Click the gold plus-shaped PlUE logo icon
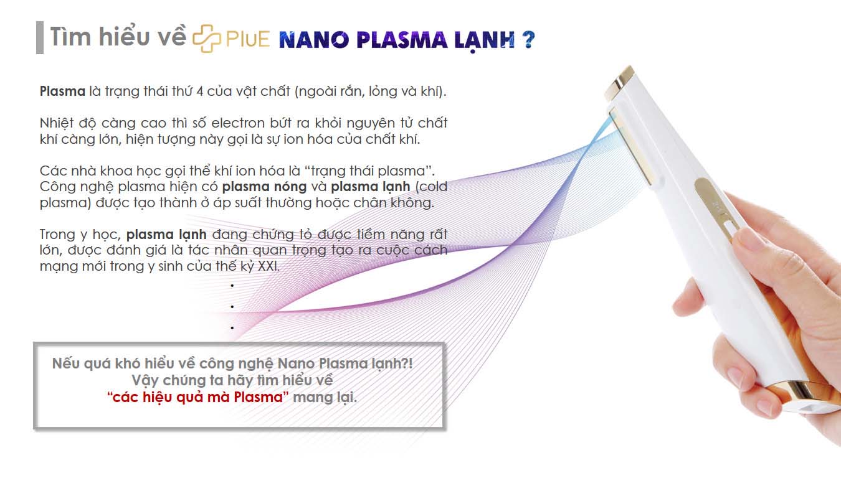pyautogui.click(x=206, y=39)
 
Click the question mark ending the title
pyautogui.click(x=528, y=39)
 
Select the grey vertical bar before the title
pyautogui.click(x=40, y=37)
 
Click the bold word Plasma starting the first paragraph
pyautogui.click(x=63, y=91)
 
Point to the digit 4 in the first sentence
pyautogui.click(x=200, y=91)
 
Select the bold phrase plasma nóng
pyautogui.click(x=264, y=187)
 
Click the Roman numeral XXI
pyautogui.click(x=268, y=266)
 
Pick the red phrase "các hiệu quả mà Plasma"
pyautogui.click(x=198, y=397)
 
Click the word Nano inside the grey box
pyautogui.click(x=297, y=363)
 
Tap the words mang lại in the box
pyautogui.click(x=325, y=397)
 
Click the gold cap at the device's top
pyautogui.click(x=619, y=83)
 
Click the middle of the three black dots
pyautogui.click(x=232, y=307)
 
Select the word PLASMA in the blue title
pyautogui.click(x=402, y=40)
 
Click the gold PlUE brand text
pyautogui.click(x=248, y=39)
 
